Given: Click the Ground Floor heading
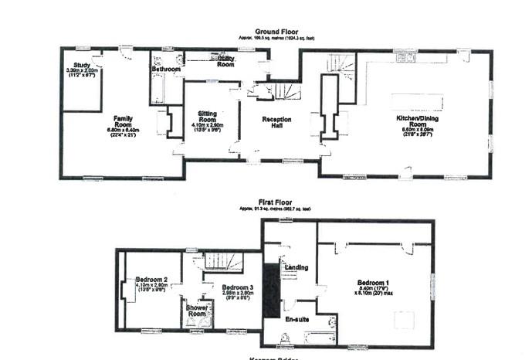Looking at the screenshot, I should (266, 32).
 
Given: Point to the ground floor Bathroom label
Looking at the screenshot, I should (166, 70).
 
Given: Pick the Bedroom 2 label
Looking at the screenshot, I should (151, 280).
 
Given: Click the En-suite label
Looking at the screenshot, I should (297, 318).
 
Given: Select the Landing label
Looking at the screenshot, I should (296, 267).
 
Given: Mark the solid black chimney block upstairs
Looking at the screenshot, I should (269, 286).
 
